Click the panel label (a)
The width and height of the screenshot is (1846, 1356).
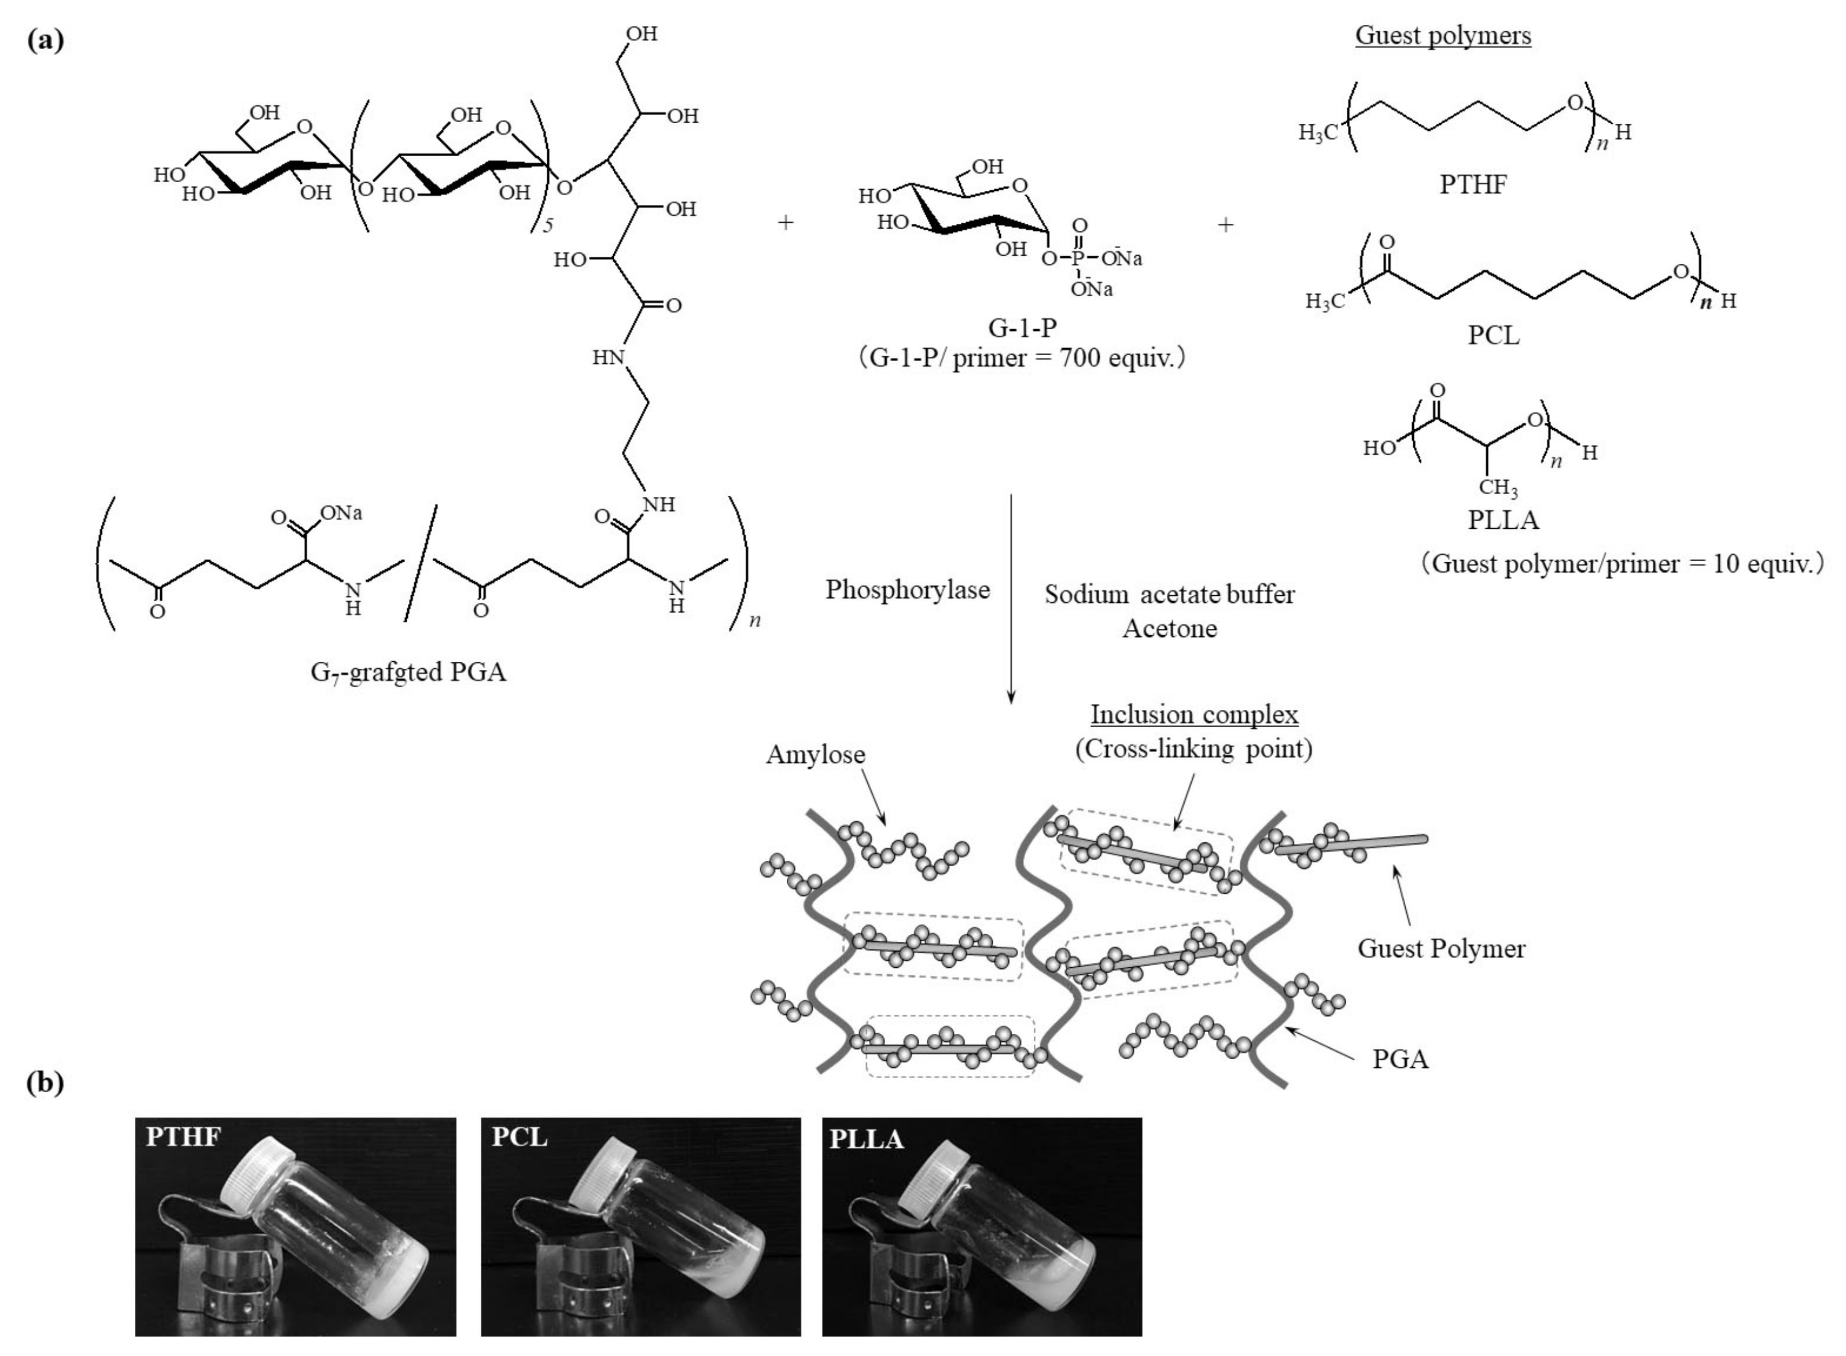[45, 39]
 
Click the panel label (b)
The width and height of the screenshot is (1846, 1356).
[45, 1083]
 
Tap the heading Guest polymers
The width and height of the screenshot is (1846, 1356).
[1442, 35]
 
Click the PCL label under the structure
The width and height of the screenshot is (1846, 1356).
[1493, 335]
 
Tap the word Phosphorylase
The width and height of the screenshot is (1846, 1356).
[907, 589]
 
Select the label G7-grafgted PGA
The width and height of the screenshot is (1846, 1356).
[408, 672]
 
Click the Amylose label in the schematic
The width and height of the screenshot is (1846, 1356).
[815, 754]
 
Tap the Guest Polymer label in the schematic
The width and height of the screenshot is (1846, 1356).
[1440, 949]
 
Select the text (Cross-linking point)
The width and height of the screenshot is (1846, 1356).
[1193, 749]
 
